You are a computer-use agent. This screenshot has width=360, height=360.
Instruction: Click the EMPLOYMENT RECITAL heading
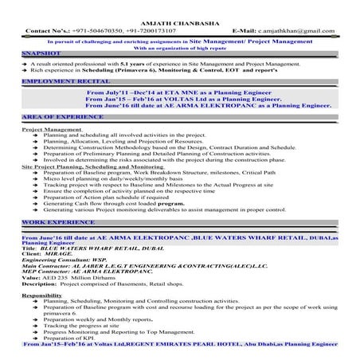(55, 82)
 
